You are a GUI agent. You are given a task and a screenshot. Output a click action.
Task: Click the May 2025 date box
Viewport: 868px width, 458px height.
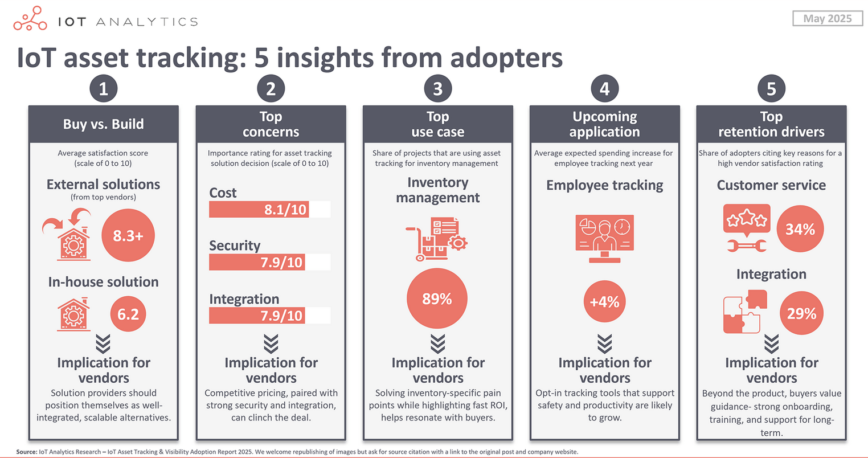point(827,19)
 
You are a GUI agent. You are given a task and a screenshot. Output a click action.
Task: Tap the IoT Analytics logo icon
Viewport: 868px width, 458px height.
point(30,19)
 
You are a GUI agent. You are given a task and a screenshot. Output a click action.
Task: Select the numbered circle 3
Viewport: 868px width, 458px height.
point(437,89)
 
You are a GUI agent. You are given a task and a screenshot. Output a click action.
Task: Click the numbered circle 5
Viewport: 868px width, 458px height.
point(771,89)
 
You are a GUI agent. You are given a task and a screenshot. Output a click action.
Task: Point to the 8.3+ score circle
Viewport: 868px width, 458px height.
point(128,235)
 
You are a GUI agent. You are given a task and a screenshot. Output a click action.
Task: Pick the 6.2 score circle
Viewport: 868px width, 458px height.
point(128,314)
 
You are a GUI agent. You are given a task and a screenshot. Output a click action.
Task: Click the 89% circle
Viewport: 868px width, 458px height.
point(437,299)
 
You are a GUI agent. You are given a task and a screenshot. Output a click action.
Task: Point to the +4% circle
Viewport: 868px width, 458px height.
point(604,302)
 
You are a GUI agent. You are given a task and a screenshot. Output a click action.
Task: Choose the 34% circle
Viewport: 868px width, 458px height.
point(800,229)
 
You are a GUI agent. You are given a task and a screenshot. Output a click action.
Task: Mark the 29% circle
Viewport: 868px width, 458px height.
point(801,313)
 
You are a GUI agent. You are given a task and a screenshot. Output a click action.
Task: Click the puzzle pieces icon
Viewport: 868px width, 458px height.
point(746,312)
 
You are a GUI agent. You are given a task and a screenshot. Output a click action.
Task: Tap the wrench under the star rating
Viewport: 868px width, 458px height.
point(746,246)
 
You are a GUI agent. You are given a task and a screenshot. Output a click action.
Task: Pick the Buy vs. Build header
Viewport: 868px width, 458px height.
point(103,124)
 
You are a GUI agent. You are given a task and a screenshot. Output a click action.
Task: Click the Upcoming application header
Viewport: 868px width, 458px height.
point(604,124)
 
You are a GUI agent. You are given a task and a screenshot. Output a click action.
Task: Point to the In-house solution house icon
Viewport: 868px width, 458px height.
point(73,314)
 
